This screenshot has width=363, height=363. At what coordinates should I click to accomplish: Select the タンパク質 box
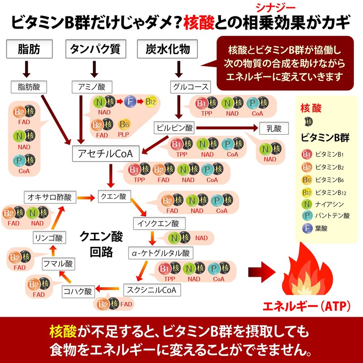pyautogui.click(x=95, y=49)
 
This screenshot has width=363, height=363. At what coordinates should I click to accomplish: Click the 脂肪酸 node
pyautogui.click(x=29, y=86)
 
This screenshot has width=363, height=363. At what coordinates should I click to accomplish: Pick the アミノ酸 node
pyautogui.click(x=92, y=86)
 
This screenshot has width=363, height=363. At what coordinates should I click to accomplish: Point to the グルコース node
pyautogui.click(x=191, y=86)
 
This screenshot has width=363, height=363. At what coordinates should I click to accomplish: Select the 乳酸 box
pyautogui.click(x=274, y=129)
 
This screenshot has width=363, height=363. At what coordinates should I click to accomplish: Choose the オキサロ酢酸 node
pyautogui.click(x=50, y=196)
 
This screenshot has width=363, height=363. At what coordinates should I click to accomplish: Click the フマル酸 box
pyautogui.click(x=58, y=263)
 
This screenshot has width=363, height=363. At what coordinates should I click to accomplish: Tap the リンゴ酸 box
pyautogui.click(x=49, y=237)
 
